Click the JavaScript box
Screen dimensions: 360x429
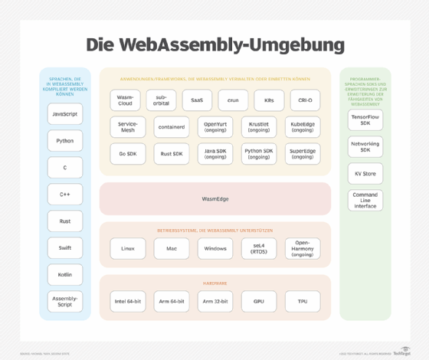(x=65, y=114)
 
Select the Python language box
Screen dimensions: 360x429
(x=65, y=141)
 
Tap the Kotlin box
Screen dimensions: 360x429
(x=65, y=275)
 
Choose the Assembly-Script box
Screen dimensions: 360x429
(x=65, y=301)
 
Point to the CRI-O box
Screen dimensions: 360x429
(x=305, y=100)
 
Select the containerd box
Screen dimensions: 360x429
(x=172, y=127)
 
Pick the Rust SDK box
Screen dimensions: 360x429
(x=172, y=154)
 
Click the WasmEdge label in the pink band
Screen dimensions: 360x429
(x=215, y=199)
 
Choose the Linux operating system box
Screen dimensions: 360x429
(x=127, y=248)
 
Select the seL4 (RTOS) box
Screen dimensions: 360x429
(x=260, y=248)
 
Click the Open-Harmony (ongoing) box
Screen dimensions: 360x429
(x=303, y=248)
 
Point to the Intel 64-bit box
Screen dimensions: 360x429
(x=127, y=301)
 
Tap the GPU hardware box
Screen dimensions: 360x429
(x=260, y=301)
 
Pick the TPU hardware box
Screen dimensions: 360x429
(x=303, y=301)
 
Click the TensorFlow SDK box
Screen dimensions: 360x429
(x=365, y=120)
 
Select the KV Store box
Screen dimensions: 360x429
(x=365, y=174)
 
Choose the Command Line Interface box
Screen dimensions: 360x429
(x=365, y=201)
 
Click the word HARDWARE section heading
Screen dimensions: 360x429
(x=215, y=283)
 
